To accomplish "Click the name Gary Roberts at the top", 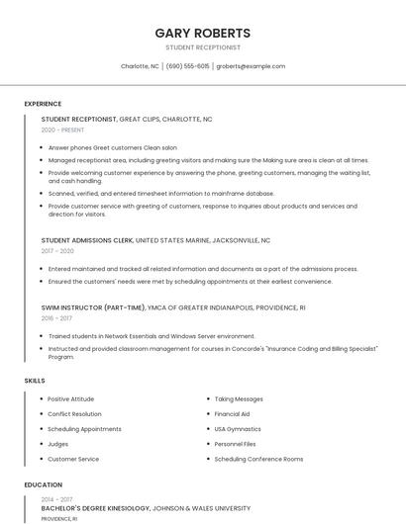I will pos(203,33).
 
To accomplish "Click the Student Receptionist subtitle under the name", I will pos(203,47).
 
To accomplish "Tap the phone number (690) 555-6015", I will pos(187,66).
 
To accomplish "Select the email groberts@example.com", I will pos(251,66).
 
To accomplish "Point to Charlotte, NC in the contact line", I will pos(140,66).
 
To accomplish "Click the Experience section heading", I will pos(43,104).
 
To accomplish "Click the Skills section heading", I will pos(35,381).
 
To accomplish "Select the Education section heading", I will pos(43,484).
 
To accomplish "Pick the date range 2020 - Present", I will pos(62,130).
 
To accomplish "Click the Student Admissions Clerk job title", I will pos(87,240).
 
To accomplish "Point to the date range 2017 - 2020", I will pos(57,251).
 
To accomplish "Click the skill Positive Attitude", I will pos(71,399).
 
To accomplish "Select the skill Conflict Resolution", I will pos(74,414).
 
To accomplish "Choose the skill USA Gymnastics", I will pos(238,429).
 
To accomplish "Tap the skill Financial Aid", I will pos(232,414).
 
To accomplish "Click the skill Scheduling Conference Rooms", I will pos(258,459).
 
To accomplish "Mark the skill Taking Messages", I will pos(239,399).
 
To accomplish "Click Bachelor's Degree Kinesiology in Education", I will pos(95,508).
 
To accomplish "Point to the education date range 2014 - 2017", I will pos(56,499).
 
